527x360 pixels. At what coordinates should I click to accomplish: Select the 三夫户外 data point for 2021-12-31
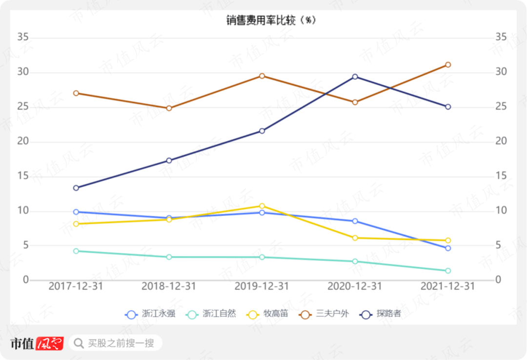pyautogui.click(x=447, y=65)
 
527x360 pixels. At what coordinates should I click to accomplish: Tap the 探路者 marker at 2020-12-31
pyautogui.click(x=355, y=77)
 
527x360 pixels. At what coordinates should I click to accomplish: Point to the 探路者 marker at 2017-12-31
pyautogui.click(x=76, y=188)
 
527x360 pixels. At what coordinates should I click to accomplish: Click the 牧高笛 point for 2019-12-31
pyautogui.click(x=262, y=206)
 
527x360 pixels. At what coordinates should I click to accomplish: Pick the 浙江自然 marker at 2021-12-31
pyautogui.click(x=447, y=271)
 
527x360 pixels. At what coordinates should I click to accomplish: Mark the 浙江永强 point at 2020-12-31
pyautogui.click(x=355, y=221)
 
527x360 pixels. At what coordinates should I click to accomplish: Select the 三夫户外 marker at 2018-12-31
pyautogui.click(x=169, y=108)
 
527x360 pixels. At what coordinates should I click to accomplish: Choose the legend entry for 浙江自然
pyautogui.click(x=211, y=314)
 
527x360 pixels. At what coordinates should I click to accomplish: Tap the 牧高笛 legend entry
pyautogui.click(x=268, y=314)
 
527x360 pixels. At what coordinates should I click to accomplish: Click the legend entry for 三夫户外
pyautogui.click(x=324, y=314)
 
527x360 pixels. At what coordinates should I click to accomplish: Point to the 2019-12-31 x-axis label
pyautogui.click(x=262, y=286)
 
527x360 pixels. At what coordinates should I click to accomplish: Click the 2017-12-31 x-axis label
pyautogui.click(x=76, y=286)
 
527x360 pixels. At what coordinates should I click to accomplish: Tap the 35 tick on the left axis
pyautogui.click(x=23, y=37)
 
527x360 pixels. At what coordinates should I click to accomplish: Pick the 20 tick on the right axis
pyautogui.click(x=501, y=141)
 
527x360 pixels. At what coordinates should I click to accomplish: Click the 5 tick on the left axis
pyautogui.click(x=25, y=245)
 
